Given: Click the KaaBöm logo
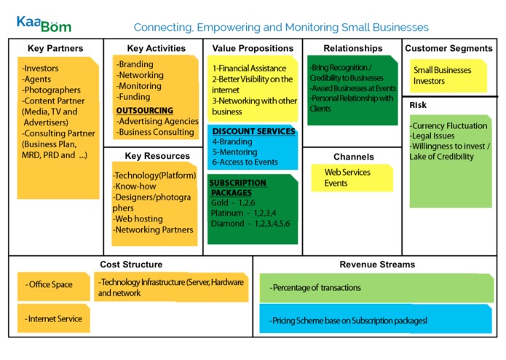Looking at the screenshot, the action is click(x=44, y=24).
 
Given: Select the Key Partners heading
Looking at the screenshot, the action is click(x=55, y=48).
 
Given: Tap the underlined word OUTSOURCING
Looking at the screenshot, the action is click(x=145, y=111).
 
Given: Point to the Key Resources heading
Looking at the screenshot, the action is click(x=157, y=156).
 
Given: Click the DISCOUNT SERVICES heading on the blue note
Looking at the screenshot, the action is click(x=253, y=131).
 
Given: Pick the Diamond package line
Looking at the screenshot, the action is click(x=250, y=224).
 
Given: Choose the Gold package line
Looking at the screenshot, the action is click(x=233, y=203).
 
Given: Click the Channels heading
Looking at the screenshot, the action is click(x=354, y=157).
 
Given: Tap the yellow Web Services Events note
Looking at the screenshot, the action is click(x=352, y=178).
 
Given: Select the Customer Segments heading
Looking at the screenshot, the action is click(x=449, y=48).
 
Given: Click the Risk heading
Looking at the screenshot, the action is click(x=418, y=105).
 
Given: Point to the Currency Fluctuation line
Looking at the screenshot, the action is click(x=448, y=125).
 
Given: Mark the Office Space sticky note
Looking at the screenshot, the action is click(x=54, y=286).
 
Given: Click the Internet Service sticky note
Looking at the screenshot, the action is click(x=54, y=318).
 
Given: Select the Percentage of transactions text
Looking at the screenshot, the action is click(x=315, y=288).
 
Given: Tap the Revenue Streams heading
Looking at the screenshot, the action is click(x=377, y=265).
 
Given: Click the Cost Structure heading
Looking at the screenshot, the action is click(x=131, y=265).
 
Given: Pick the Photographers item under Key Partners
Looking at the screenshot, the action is click(x=51, y=90).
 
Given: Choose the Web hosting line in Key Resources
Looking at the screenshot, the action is click(x=138, y=219).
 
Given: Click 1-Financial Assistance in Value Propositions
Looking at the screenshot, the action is click(x=249, y=69).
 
